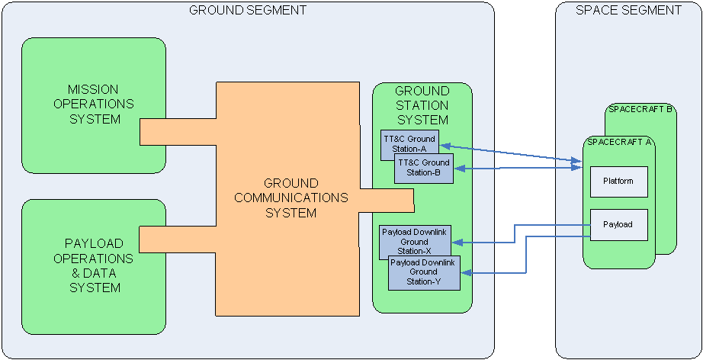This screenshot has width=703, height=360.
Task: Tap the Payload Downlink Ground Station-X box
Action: coord(416,236)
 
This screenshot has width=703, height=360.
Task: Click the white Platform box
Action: coord(618,182)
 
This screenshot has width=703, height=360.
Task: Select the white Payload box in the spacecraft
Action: coord(618,224)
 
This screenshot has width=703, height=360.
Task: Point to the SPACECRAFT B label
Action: coord(640,109)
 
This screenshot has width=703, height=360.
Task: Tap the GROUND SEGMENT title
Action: coord(248,10)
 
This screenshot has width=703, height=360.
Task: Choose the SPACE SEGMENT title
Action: coord(628,10)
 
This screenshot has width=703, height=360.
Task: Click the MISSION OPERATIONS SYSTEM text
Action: coord(94,104)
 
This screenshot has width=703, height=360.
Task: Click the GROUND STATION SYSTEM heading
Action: coord(422,105)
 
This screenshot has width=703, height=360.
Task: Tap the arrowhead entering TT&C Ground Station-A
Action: coord(444,145)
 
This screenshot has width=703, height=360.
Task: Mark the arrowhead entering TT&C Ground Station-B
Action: coord(458,169)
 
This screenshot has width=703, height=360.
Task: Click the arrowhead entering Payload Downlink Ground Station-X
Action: coord(457,243)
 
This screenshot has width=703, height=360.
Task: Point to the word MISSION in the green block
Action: coord(94,89)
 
